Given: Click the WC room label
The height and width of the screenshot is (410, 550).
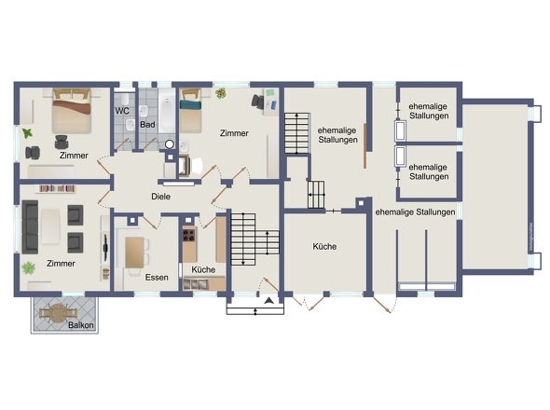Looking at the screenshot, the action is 122,111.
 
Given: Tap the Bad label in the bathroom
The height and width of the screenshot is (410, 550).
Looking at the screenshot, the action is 147,125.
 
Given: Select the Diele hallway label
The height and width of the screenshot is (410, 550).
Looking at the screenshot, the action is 161,197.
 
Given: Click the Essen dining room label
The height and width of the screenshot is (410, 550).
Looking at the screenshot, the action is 157,278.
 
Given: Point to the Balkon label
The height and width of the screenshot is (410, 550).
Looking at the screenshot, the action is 81,325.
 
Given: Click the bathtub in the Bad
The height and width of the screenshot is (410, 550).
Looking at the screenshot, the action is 167,112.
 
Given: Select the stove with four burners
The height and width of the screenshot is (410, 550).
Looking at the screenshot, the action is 189,234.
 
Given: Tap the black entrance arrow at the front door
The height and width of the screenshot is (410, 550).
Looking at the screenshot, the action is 269,300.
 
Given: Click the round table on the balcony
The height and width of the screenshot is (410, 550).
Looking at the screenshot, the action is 57,313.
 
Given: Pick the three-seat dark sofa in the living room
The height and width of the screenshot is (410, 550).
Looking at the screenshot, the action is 30,227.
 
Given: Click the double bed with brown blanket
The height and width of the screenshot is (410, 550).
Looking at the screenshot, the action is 72,111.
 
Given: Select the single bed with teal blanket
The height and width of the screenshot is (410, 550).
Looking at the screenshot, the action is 191,110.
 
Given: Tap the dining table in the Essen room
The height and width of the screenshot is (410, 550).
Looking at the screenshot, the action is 134,253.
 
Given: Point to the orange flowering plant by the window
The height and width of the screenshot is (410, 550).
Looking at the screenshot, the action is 221,93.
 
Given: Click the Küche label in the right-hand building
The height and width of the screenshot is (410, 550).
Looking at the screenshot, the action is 324,247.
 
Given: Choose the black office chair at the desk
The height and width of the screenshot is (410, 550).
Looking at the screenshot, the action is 258,101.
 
